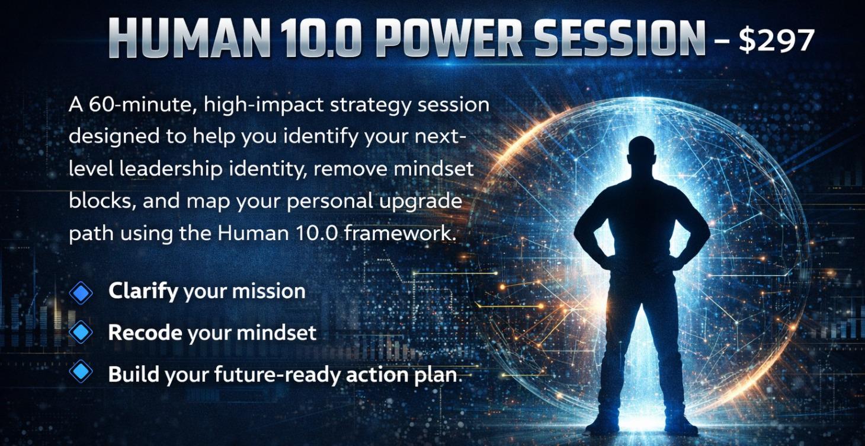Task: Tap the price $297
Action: [x=777, y=40]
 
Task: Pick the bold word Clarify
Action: [x=143, y=291]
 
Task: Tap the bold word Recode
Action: [x=145, y=333]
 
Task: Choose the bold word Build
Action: [x=134, y=374]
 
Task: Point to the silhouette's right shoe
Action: [x=680, y=423]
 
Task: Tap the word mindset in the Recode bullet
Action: [x=276, y=333]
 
